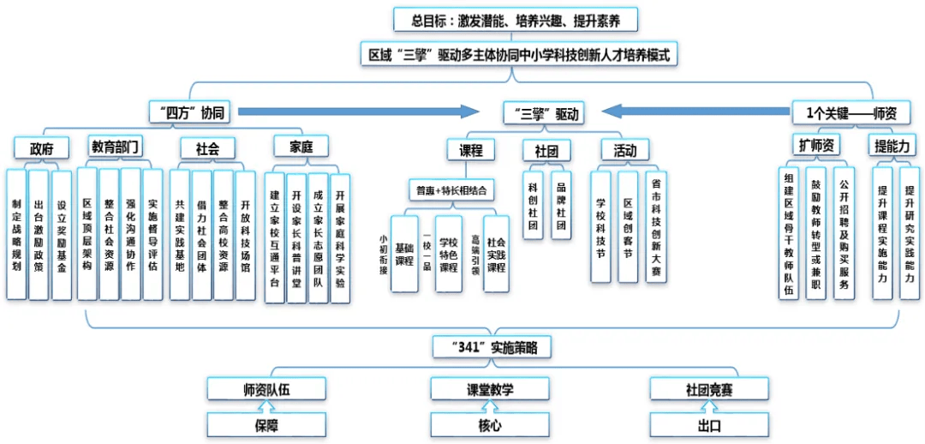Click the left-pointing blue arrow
coord(694,111)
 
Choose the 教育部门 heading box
coord(116,147)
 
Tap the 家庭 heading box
coord(301,147)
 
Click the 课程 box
coord(470,150)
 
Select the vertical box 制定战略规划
coord(16,234)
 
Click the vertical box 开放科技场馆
coord(245,234)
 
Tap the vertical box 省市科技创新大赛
coord(656,226)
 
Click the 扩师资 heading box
coord(815,146)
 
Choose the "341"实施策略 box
coord(489,347)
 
